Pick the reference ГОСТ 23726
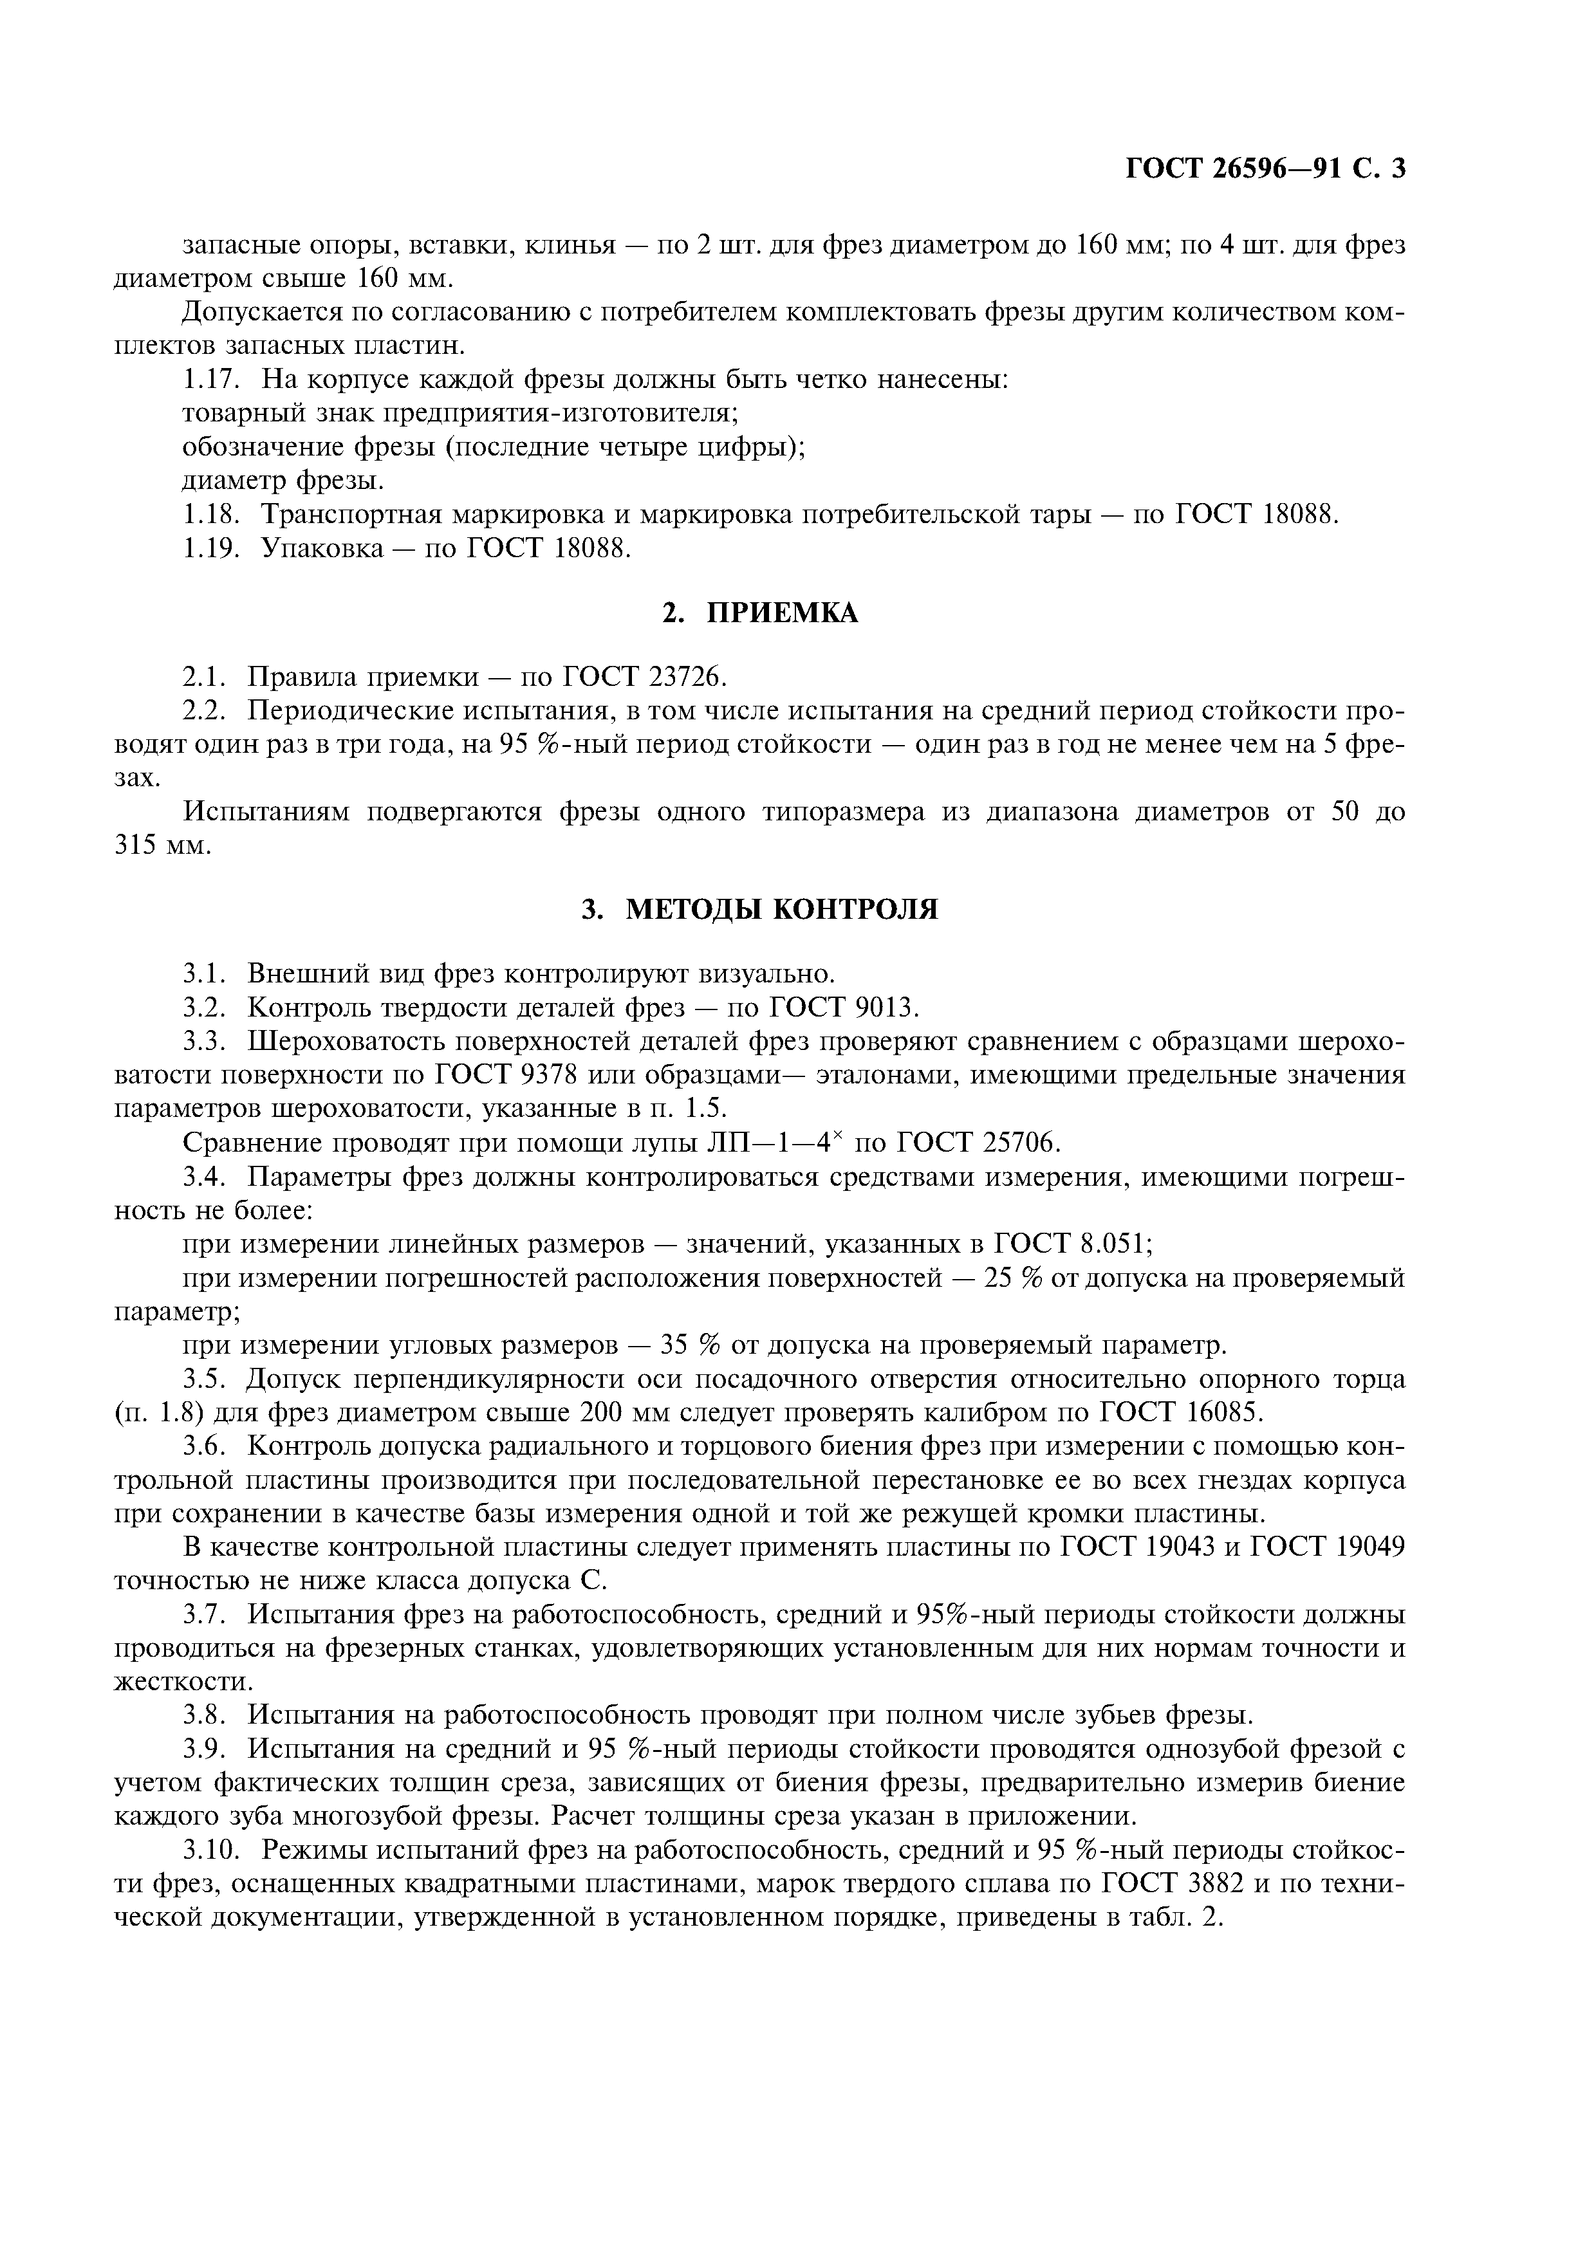644,677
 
